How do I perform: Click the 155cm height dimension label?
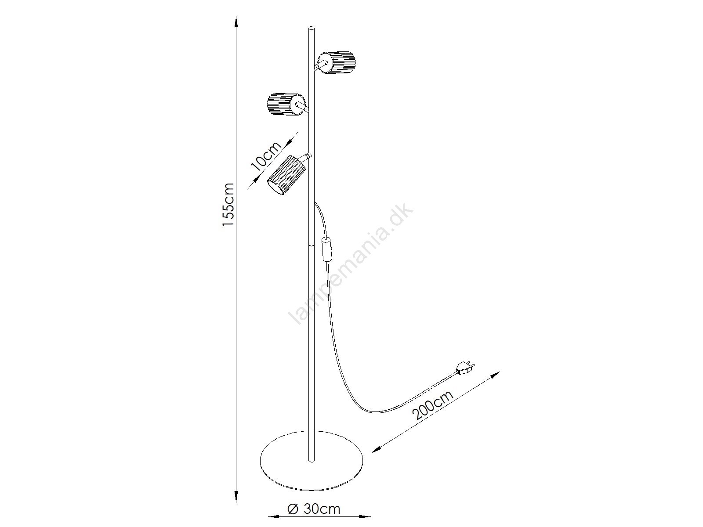(x=228, y=205)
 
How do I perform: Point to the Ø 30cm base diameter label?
(x=314, y=509)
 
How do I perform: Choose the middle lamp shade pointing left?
(x=286, y=104)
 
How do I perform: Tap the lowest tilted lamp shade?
(x=286, y=174)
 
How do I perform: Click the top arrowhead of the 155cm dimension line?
(x=236, y=21)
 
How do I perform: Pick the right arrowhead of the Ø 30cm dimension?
(x=365, y=516)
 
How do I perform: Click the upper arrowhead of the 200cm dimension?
(x=495, y=375)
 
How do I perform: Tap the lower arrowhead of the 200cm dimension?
(x=377, y=450)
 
